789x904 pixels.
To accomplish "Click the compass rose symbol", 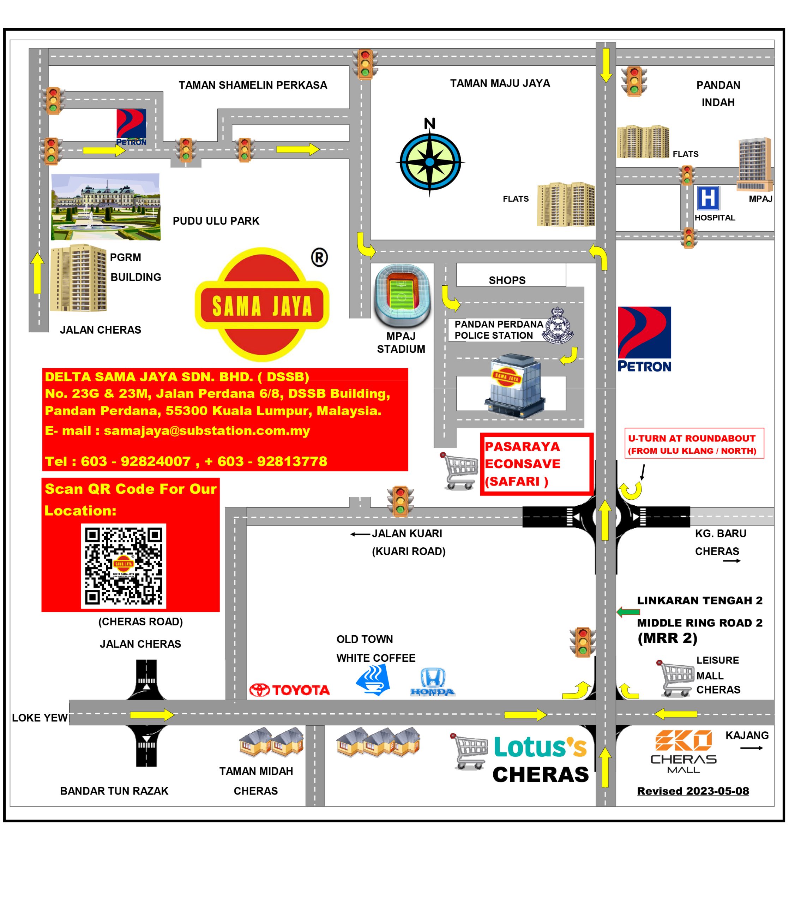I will (430, 161).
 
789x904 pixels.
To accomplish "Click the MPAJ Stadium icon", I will (402, 295).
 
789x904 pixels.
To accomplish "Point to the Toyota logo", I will (289, 690).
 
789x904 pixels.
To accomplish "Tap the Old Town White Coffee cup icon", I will (373, 679).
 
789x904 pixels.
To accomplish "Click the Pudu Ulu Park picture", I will (105, 207).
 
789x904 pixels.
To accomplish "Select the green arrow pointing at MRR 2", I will (628, 612).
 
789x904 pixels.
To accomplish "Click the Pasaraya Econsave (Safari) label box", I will (536, 464).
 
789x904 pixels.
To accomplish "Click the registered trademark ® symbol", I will (320, 258).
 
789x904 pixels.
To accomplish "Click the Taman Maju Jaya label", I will (500, 83).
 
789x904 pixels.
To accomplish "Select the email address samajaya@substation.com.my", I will (206, 430).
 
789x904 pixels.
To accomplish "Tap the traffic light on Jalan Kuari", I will (400, 501).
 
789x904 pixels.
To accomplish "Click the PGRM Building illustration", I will (78, 278).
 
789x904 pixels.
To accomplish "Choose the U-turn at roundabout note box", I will (694, 444).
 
